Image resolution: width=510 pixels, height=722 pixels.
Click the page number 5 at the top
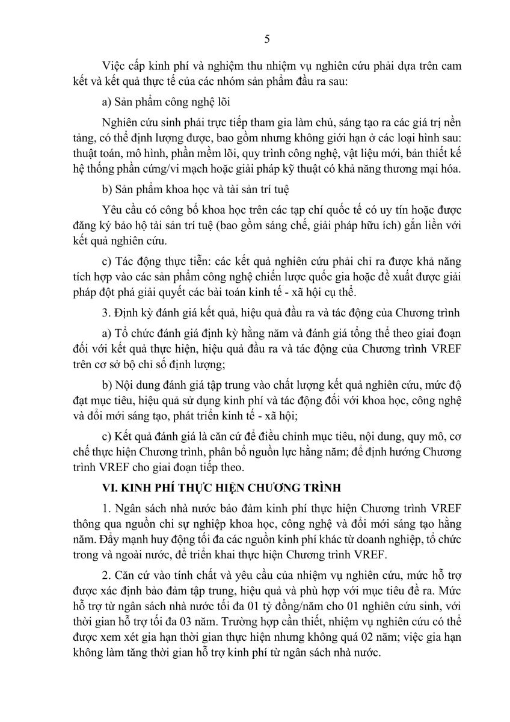267,40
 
